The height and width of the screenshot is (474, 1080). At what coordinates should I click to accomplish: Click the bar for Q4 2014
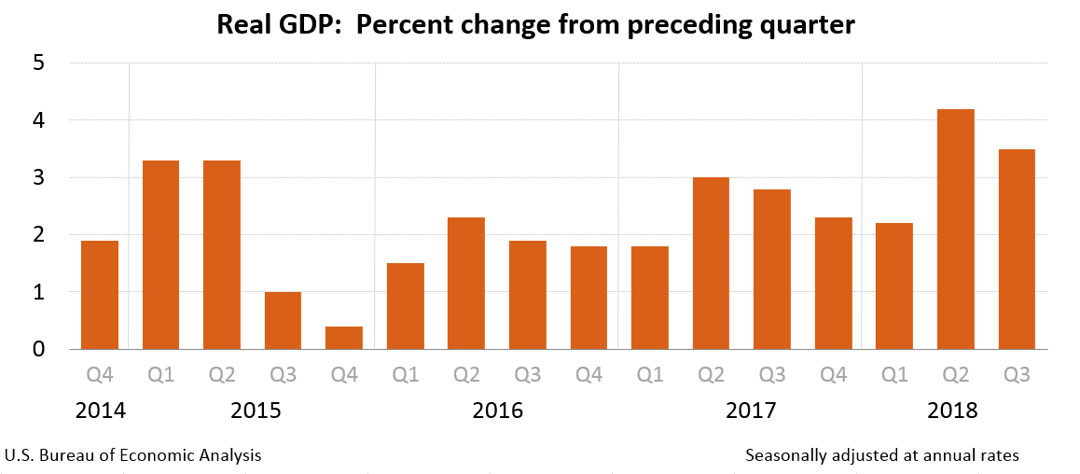coord(100,295)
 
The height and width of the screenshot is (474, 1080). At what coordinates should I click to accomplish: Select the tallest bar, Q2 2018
coord(955,230)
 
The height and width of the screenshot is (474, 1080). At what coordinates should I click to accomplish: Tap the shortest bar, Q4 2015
coord(344,338)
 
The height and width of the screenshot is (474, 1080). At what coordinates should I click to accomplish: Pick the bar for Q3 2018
coord(1017,249)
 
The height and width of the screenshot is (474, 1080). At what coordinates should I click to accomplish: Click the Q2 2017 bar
coord(711,263)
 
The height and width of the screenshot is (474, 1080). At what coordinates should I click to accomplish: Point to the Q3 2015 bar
coord(283,320)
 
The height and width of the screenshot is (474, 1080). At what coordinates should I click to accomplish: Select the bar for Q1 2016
coord(406,306)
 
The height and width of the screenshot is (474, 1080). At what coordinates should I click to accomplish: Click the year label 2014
coord(100,411)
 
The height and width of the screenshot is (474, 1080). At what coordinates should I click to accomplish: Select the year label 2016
coord(497,411)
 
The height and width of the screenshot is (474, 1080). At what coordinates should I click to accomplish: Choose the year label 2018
coord(952,411)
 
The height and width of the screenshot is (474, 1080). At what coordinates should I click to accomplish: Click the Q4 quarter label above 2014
coord(100,375)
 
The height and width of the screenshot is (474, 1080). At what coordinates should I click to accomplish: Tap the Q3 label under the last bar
coord(1017,375)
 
